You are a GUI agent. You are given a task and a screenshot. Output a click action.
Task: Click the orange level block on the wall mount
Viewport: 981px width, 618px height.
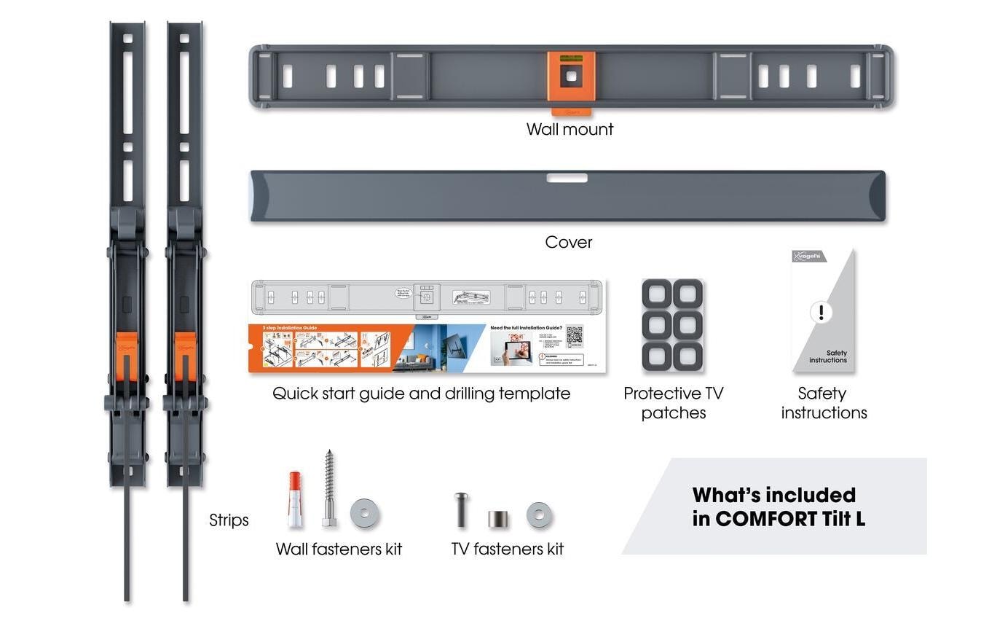coord(571,76)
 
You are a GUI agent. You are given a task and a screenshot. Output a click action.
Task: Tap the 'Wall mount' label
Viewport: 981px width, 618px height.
coord(570,129)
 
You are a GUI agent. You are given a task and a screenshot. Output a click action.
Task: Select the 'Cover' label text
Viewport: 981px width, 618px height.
coord(569,242)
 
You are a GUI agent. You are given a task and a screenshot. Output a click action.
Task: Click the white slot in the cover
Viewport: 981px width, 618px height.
coord(567,178)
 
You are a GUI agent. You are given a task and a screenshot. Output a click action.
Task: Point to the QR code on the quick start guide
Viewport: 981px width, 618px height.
coord(575,336)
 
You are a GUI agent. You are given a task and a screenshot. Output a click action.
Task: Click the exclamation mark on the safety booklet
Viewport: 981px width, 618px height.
coord(821,313)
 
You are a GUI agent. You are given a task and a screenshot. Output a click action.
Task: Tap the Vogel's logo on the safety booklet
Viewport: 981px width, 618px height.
coord(808,257)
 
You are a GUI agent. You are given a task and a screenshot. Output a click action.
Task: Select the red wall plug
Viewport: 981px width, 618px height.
coord(295,499)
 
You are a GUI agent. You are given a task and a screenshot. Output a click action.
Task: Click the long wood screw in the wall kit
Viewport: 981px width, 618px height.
coord(329,487)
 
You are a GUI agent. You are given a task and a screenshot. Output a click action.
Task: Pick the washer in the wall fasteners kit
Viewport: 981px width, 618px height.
coord(364,515)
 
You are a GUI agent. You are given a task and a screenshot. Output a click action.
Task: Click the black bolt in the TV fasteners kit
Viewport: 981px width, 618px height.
coord(461,509)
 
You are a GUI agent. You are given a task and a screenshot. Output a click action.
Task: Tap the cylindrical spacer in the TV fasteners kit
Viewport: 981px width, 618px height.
coord(498,519)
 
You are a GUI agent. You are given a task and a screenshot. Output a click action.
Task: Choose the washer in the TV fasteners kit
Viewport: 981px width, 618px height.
coord(539,515)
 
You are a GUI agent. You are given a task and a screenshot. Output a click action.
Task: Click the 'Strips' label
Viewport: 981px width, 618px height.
coord(229,520)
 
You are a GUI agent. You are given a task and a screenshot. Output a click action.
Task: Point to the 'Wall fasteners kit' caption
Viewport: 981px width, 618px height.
coord(339,549)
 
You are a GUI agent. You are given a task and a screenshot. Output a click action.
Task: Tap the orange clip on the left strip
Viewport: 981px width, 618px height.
coord(126,356)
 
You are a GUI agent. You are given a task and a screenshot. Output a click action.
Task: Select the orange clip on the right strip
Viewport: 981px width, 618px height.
coord(185,356)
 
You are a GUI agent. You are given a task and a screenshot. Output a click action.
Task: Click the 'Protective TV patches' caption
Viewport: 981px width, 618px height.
coord(673,403)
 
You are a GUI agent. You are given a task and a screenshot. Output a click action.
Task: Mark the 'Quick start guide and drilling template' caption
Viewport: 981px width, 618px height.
coord(421,394)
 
